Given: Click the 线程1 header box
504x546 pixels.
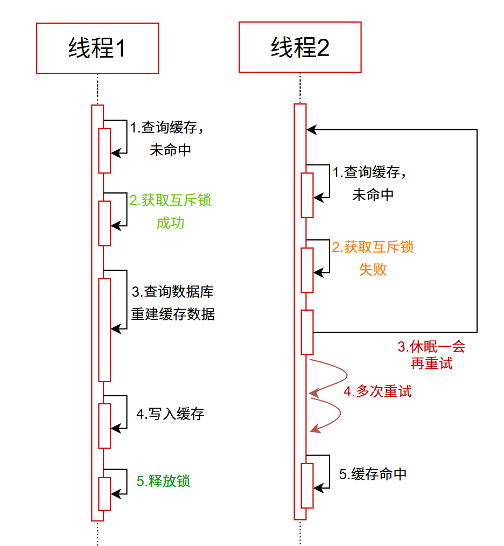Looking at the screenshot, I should (97, 48).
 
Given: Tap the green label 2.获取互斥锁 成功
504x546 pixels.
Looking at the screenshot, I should (170, 211).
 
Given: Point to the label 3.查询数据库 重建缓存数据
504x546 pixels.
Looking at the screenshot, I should (173, 303).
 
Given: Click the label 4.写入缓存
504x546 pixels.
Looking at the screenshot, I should (170, 414).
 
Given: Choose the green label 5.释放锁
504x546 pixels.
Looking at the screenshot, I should (163, 481).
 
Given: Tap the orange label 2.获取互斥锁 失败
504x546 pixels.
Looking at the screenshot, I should (373, 258).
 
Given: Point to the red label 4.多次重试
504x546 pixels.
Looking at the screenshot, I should (377, 391).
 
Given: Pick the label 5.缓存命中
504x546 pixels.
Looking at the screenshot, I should (373, 474).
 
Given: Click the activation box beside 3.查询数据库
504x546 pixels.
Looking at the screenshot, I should (104, 330).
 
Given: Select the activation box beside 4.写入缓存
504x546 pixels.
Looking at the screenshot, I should (104, 425).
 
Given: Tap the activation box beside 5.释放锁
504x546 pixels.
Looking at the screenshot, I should (104, 493).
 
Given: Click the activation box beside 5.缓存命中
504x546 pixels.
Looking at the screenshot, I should (307, 485).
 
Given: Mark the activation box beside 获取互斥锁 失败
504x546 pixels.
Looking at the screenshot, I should (307, 270).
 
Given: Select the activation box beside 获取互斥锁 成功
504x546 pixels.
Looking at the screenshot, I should (104, 223).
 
